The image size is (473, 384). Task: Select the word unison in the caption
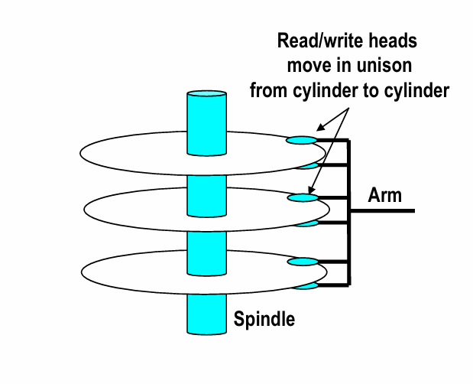pos(380,64)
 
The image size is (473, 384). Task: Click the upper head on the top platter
pos(301,140)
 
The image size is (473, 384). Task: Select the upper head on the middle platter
pos(302,198)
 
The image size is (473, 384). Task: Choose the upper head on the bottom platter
pos(302,262)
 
